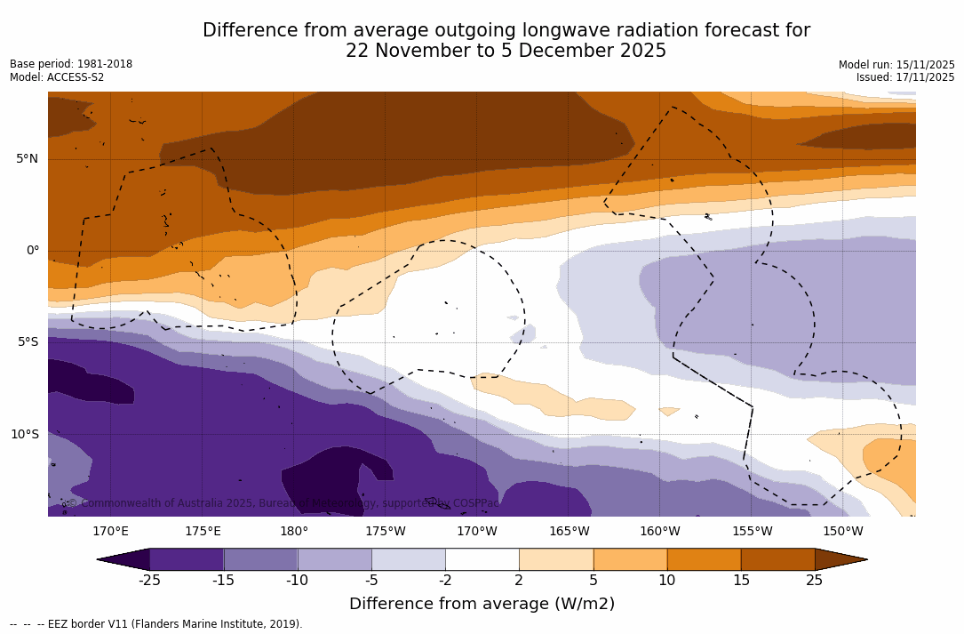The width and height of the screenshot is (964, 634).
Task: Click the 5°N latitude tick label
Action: (27, 158)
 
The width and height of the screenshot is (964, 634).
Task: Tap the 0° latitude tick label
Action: (33, 250)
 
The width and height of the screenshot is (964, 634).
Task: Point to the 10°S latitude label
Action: (24, 434)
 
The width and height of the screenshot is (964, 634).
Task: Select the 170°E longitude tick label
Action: (110, 532)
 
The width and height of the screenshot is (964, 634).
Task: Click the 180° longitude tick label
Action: (294, 532)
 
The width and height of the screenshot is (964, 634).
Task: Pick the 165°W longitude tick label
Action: (569, 532)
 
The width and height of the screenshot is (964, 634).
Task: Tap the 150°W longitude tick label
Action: (842, 532)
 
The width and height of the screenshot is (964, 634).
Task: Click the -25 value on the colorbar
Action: (149, 581)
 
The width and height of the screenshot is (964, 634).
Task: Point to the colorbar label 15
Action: (740, 581)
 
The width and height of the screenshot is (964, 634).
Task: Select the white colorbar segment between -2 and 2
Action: (482, 559)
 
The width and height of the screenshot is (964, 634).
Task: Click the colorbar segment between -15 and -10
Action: (260, 559)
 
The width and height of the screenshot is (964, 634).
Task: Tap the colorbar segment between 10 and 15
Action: (704, 559)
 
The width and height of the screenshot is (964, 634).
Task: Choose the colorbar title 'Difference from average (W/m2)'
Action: (482, 604)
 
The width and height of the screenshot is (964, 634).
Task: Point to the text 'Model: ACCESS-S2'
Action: (57, 77)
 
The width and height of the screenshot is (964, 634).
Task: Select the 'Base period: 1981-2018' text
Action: (71, 64)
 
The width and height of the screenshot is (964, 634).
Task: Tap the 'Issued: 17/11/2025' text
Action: (905, 77)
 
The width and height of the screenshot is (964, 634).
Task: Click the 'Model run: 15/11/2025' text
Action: (896, 65)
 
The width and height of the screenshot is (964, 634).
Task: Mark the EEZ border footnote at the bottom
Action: (156, 624)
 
